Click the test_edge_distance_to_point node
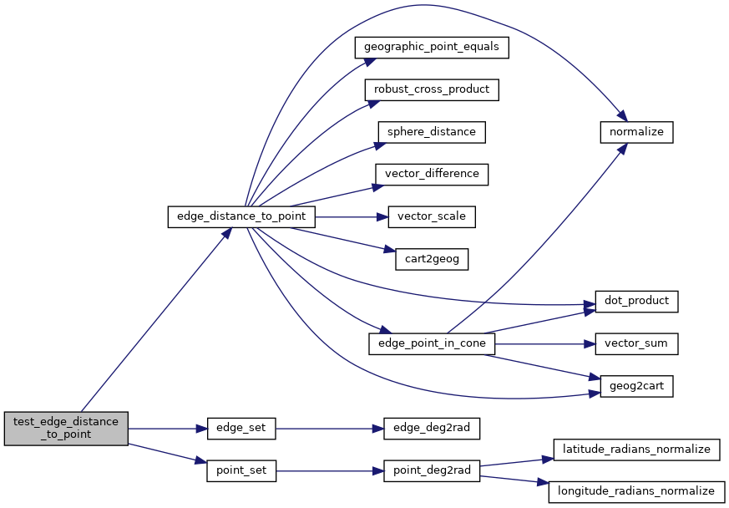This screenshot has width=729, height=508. coord(67,429)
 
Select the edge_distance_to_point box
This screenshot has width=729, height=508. coord(242,217)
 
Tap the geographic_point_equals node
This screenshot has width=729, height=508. coord(432,47)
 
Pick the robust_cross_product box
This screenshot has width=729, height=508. coord(432,89)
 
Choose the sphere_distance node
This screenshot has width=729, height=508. coord(432,132)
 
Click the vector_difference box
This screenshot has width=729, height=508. coord(432,175)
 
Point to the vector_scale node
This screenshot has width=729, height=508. coord(432,217)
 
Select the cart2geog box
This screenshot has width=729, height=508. coord(432,259)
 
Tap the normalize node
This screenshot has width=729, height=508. coord(636,132)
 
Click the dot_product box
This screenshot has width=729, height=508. coord(636,301)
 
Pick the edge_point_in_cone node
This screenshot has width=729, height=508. coord(432,343)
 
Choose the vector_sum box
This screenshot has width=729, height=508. coord(636,343)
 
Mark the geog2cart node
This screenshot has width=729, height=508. coord(636,386)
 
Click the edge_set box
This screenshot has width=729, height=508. coord(240,429)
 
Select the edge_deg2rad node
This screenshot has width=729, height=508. coord(432,429)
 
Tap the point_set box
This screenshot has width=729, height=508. coord(240,471)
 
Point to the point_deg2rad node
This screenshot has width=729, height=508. coord(432,471)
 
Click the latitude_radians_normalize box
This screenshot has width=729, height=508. coord(636,450)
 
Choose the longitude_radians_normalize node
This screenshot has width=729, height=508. coord(636,492)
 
